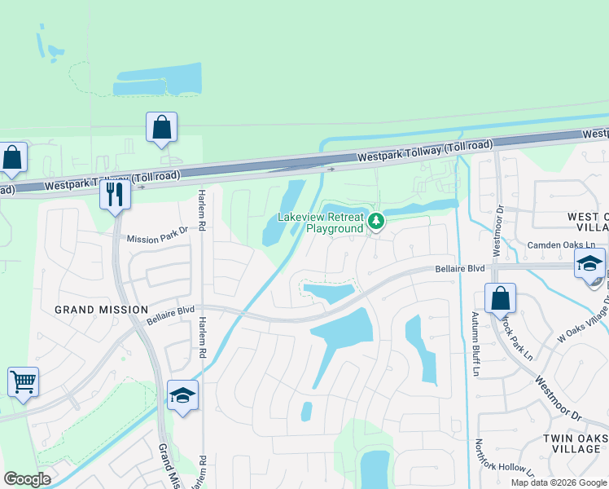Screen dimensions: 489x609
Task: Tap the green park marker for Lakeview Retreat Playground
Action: point(376,221)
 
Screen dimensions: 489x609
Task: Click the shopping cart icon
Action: point(23,381)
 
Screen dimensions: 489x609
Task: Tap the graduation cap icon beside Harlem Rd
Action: point(183,395)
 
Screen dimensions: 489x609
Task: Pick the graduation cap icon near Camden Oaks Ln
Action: point(589,263)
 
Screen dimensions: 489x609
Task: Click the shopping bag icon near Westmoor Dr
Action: point(500,298)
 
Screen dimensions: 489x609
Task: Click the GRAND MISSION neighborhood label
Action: point(101,310)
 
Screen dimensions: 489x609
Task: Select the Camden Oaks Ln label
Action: point(561,245)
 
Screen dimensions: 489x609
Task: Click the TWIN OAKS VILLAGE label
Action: point(574,443)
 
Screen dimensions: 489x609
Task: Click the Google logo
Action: point(27,479)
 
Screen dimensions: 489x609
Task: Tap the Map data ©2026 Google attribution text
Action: point(559,482)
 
